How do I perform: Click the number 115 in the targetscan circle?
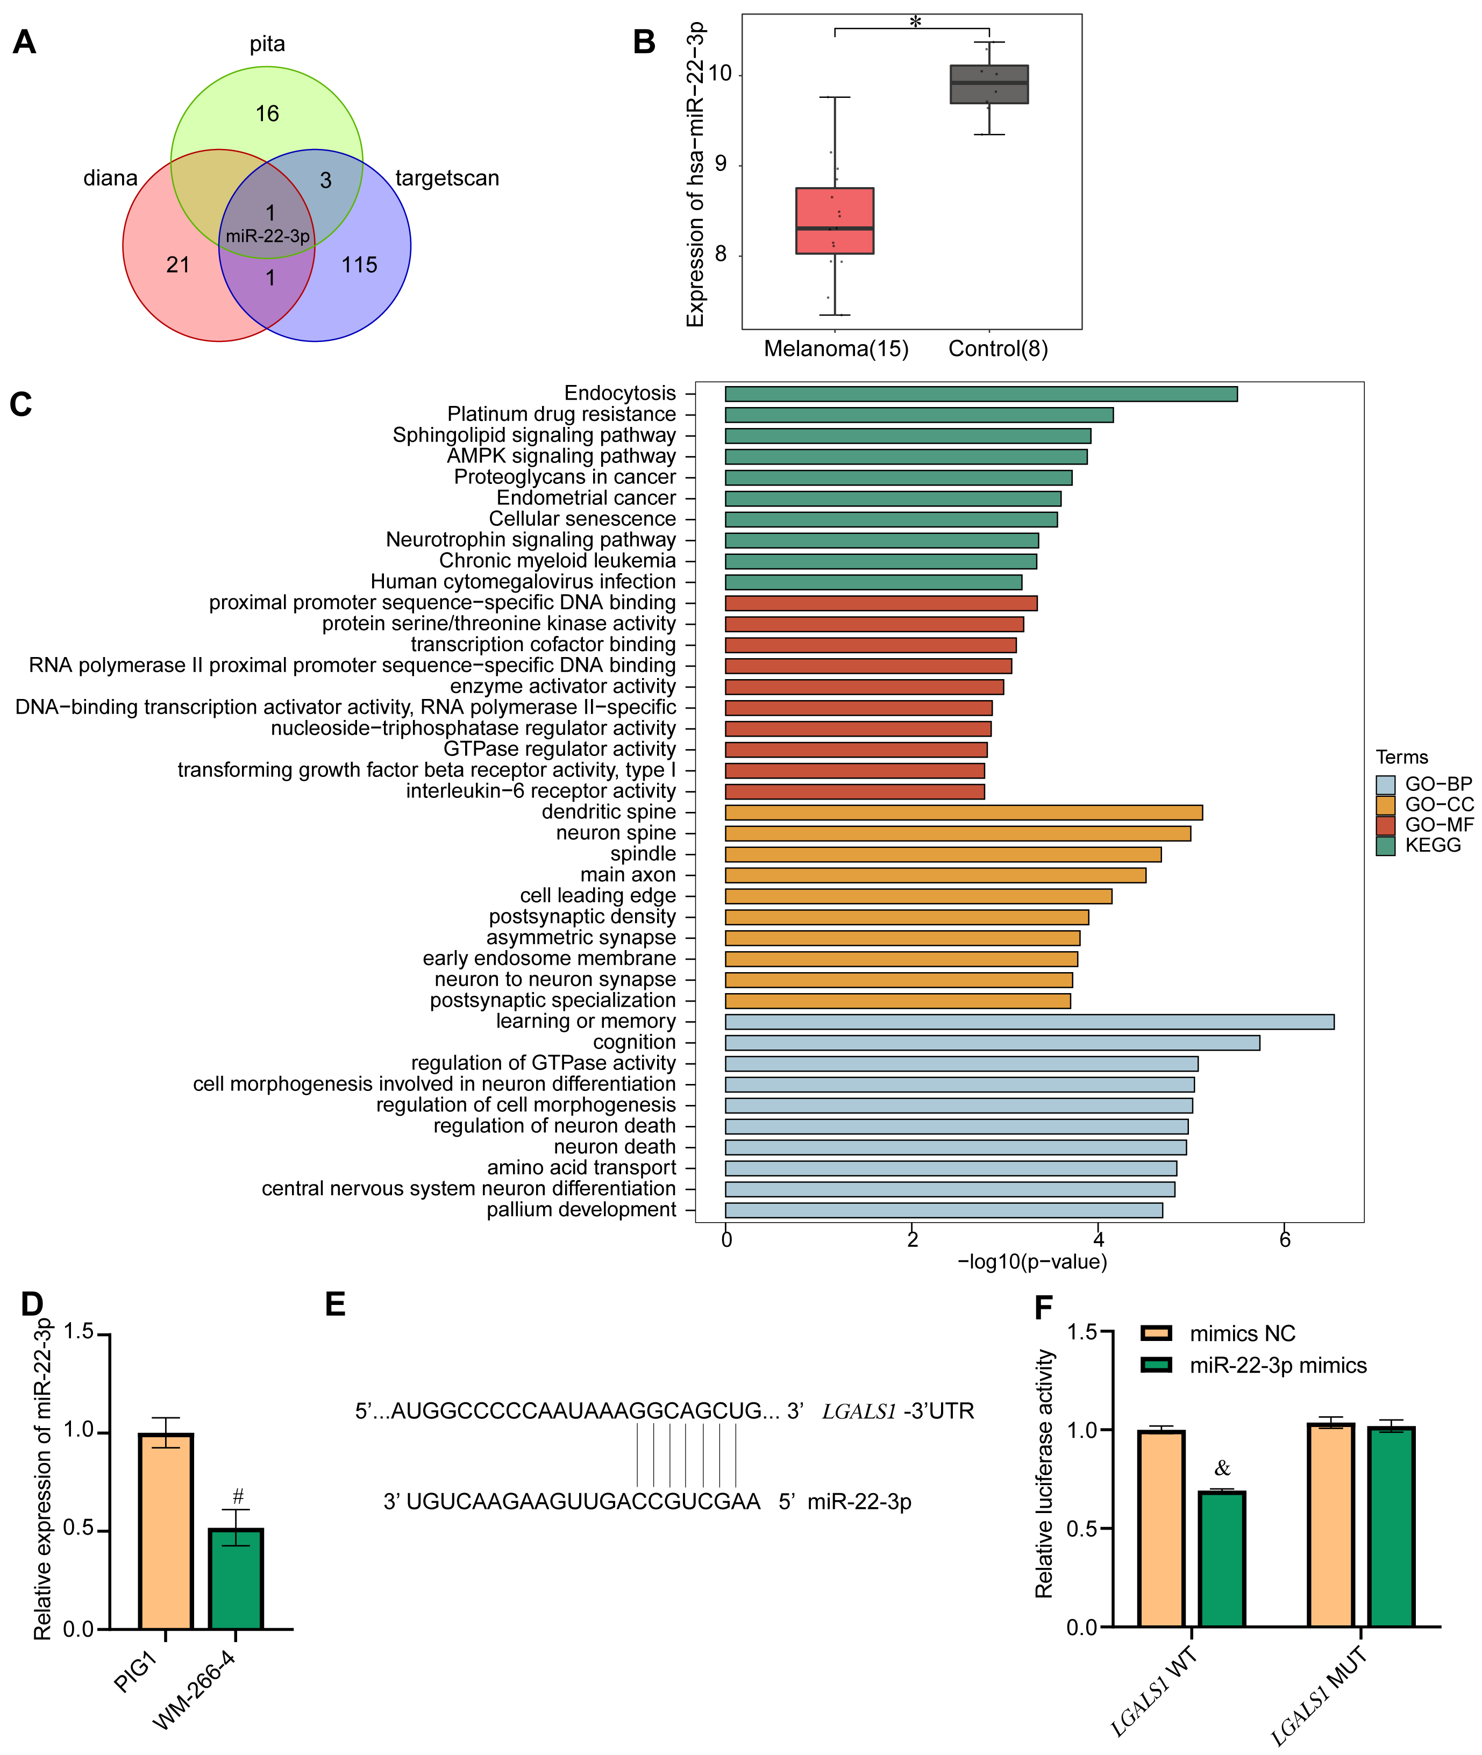[360, 266]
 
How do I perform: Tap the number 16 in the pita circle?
[267, 113]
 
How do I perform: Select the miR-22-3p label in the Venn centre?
[267, 236]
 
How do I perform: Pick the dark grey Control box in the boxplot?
[989, 84]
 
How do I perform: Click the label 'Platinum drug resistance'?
[561, 414]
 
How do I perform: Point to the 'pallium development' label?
[581, 1210]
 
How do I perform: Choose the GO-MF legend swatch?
[1385, 825]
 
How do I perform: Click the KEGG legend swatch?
[1385, 845]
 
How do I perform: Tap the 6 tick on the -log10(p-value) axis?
[1285, 1240]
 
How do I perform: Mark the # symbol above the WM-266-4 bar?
[238, 1496]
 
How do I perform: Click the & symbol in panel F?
[1222, 1468]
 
